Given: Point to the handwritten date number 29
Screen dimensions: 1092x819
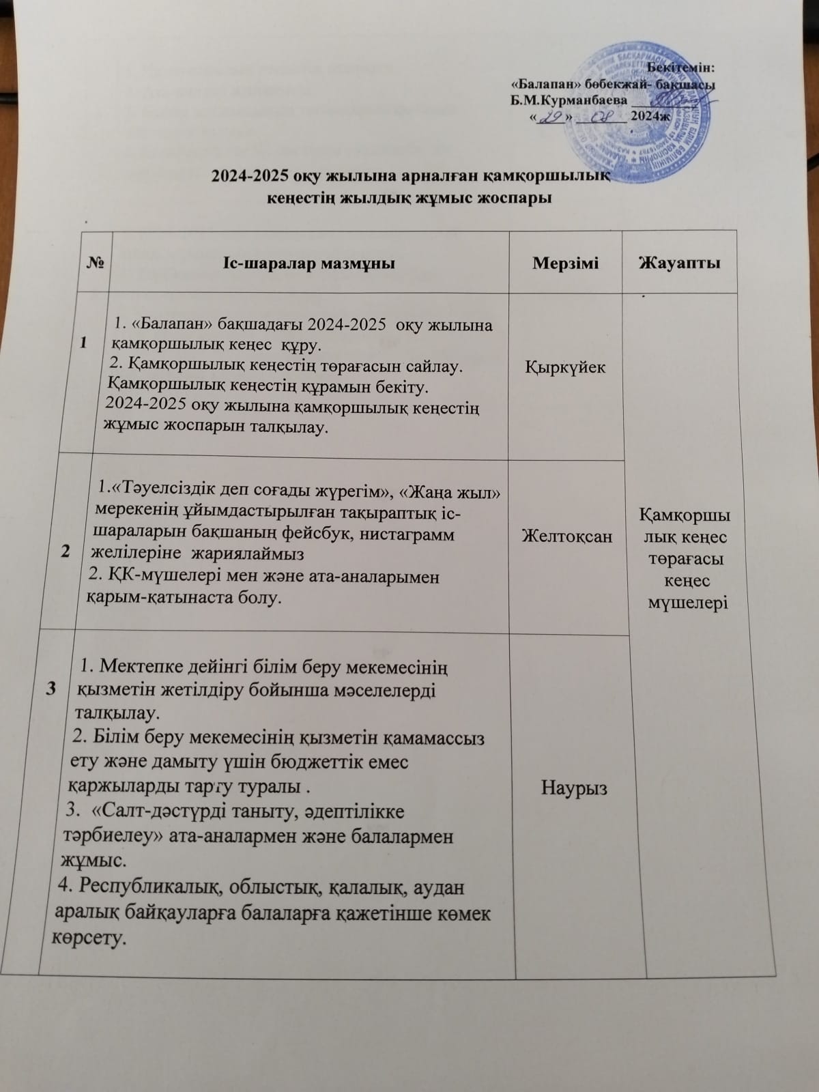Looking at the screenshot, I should point(550,117).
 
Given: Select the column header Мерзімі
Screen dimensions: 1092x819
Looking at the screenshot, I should point(565,263).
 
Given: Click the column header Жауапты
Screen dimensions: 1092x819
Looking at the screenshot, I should point(678,263).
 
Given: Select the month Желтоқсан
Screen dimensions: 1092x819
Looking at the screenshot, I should point(566,536).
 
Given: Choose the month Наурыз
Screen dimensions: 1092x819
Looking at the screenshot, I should point(574,788).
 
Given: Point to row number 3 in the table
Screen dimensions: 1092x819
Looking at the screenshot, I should point(51,689).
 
